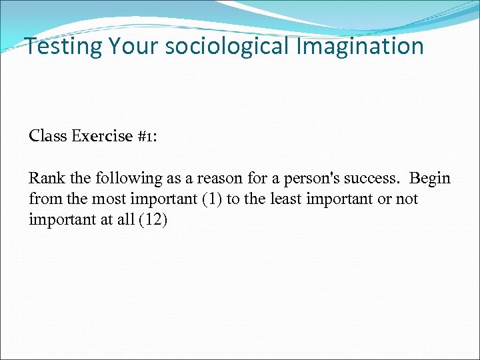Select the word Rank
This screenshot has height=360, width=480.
[x=45, y=179]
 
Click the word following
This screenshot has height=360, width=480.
[x=119, y=179]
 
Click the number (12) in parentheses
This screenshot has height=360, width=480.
[x=153, y=220]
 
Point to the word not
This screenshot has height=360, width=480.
[x=407, y=199]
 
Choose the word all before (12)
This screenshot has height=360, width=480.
[x=125, y=220]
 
